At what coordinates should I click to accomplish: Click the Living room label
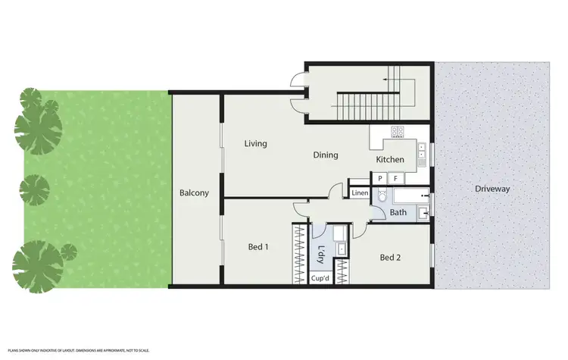coord(255,143)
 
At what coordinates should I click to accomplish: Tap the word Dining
coord(326,155)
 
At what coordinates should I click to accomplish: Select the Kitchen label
coord(391,160)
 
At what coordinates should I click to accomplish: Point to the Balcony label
coord(194,193)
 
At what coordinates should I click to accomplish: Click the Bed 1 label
coord(258,246)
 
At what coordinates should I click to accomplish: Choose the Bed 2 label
coord(390,257)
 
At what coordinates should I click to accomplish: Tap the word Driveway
coord(492,189)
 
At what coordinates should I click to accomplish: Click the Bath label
coord(398,213)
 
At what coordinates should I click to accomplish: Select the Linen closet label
coord(360,193)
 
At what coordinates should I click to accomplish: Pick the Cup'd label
coord(320,279)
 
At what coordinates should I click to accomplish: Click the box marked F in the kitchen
coord(395,178)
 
